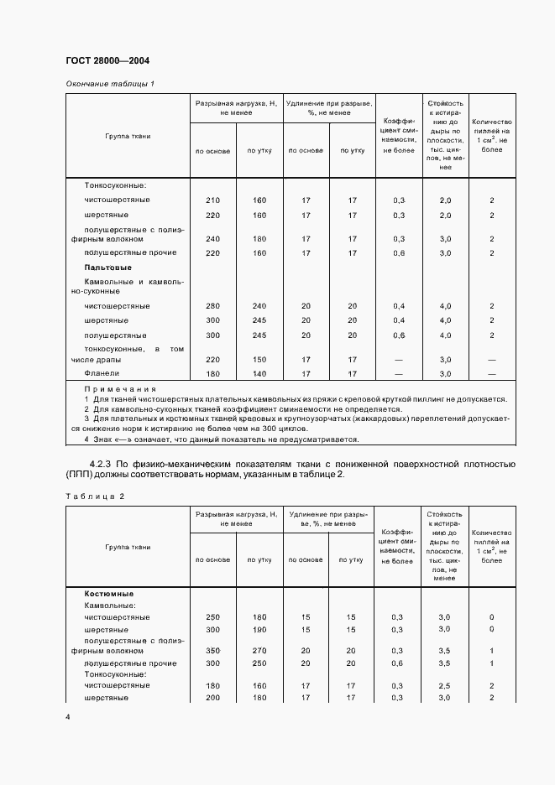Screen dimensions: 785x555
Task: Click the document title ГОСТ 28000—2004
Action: [107, 61]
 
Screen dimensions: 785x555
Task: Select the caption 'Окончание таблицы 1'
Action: [110, 84]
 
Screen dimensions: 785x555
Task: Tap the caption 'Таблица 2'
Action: [94, 496]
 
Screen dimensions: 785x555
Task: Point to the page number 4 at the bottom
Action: [68, 717]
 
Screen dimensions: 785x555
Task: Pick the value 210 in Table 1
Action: [212, 200]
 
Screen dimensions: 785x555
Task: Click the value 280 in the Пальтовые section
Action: [212, 306]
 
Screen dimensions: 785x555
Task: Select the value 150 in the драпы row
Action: [259, 358]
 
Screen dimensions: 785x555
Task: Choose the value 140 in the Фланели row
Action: [259, 373]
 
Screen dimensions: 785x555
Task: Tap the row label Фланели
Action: [102, 373]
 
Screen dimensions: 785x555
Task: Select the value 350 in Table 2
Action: [212, 650]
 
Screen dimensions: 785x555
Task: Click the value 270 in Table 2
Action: [259, 650]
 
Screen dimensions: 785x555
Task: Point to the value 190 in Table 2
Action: [259, 629]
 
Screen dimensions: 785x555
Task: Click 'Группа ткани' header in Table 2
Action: [128, 547]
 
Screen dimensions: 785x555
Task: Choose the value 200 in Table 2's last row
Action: [212, 697]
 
